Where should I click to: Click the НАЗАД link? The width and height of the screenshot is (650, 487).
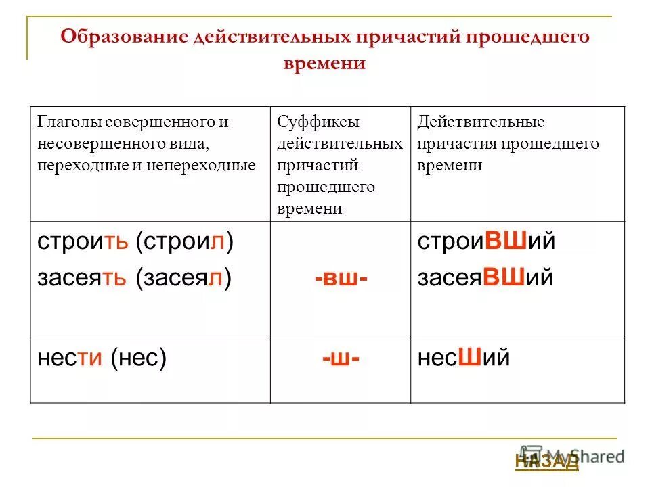(x=546, y=461)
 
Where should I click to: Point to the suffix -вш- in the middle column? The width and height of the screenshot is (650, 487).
(x=341, y=278)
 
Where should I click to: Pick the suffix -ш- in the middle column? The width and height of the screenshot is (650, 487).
(x=341, y=358)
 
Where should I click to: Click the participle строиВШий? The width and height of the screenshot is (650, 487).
(x=486, y=242)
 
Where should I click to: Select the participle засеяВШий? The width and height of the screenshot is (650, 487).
(x=485, y=277)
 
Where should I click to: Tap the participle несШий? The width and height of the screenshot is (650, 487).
(x=463, y=357)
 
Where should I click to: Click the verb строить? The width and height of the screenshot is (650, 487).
(x=82, y=242)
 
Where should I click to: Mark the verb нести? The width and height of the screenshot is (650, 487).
(x=70, y=357)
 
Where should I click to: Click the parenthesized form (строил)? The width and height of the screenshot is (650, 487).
(x=184, y=242)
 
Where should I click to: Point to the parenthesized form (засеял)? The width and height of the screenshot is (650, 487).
(x=183, y=277)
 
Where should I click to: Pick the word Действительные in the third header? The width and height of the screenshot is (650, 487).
(x=481, y=123)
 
